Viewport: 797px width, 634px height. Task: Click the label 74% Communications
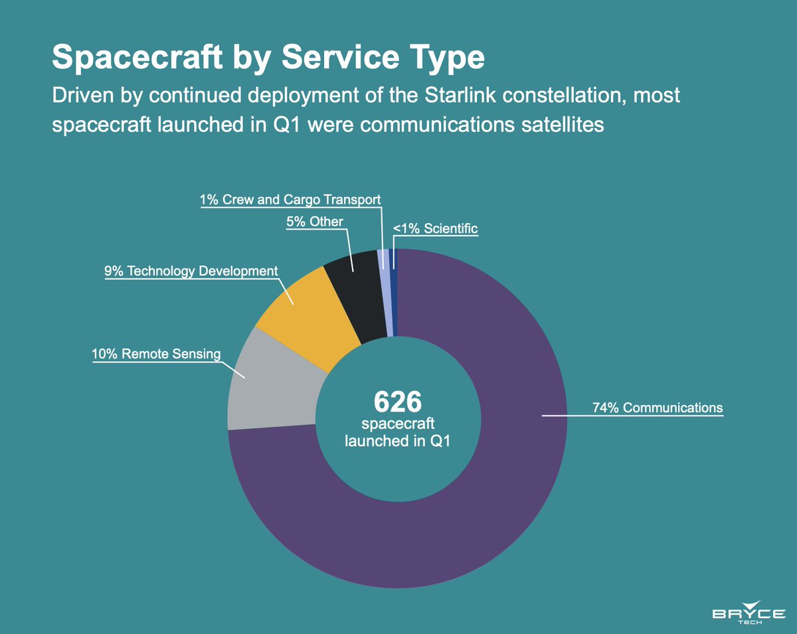pos(658,408)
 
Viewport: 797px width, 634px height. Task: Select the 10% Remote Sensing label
pos(155,354)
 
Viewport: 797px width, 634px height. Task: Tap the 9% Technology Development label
pos(191,271)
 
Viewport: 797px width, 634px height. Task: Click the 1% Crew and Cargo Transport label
pos(290,199)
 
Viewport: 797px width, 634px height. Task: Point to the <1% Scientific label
pos(435,229)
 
